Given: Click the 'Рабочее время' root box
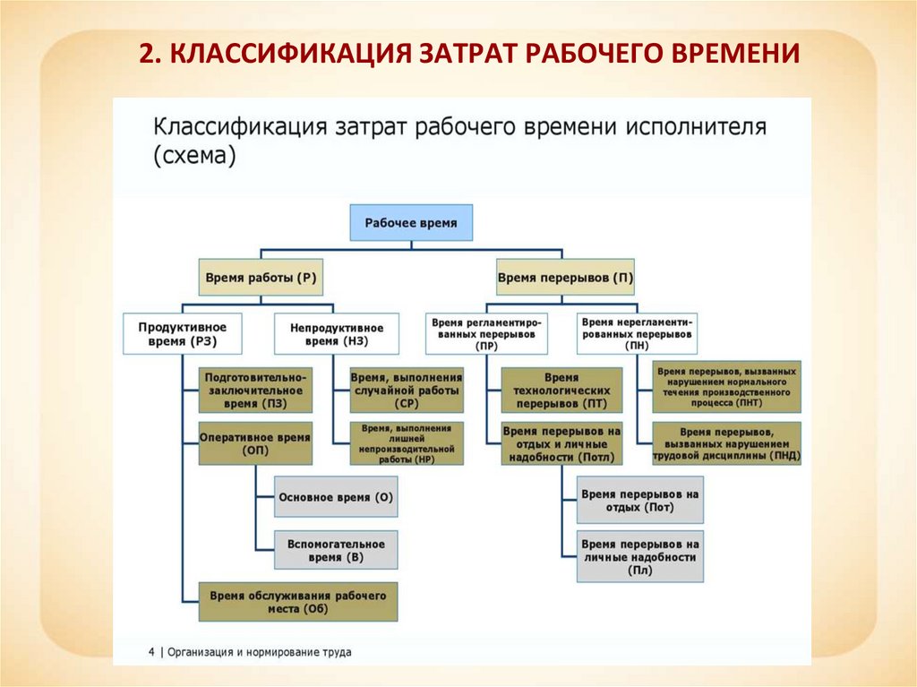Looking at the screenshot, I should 411,222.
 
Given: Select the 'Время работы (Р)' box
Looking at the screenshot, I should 261,279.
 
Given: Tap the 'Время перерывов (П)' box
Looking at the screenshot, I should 565,279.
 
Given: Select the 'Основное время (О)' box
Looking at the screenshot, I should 336,497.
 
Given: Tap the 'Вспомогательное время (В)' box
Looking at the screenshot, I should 336,550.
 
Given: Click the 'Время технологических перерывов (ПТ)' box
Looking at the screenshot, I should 561,391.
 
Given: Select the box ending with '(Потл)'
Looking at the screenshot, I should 561,443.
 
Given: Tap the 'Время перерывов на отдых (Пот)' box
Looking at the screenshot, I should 639,501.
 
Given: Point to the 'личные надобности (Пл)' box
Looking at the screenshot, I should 639,556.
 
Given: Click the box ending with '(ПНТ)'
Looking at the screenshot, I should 726,386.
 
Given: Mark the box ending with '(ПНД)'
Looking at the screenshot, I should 726,443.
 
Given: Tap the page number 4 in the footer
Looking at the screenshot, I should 151,652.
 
